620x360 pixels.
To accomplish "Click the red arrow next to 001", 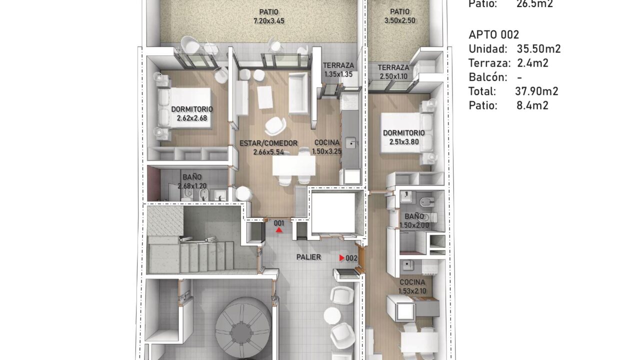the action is [x=279, y=230].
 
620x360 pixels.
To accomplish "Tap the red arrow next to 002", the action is [x=342, y=258].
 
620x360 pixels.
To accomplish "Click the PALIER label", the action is [x=308, y=257].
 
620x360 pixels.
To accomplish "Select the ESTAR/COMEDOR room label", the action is [x=268, y=143].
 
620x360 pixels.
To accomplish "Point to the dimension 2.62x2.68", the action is [x=192, y=118].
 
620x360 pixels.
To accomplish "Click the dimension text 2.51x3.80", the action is [x=404, y=142].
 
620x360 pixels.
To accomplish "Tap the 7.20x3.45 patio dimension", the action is [x=269, y=21].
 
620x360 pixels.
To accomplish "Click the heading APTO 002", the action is [x=494, y=35].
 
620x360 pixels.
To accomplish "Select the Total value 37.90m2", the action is [x=536, y=91].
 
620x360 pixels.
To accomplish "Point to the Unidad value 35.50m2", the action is [x=538, y=49].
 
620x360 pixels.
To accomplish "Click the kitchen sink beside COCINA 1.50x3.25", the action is [x=351, y=143].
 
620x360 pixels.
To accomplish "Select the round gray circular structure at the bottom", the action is [x=243, y=327].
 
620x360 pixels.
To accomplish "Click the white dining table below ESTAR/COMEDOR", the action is [x=294, y=165].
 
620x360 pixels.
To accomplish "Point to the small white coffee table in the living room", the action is [x=265, y=97].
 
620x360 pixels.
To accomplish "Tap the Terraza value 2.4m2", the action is [x=533, y=63].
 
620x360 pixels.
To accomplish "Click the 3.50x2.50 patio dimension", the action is [x=399, y=20].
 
